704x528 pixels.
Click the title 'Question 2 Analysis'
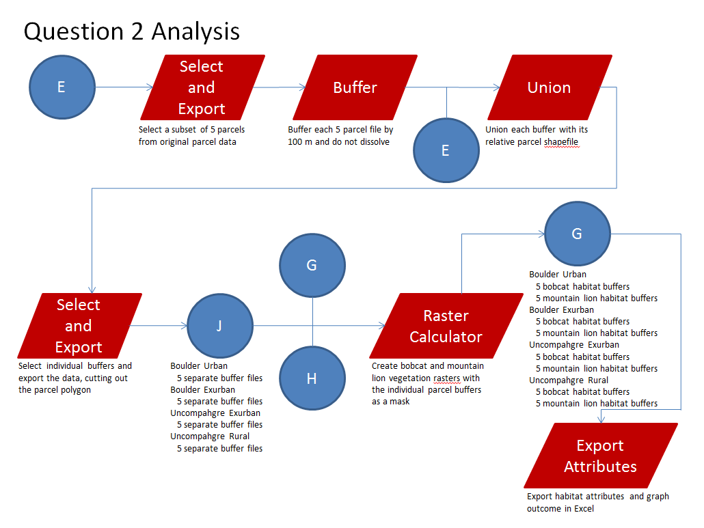(x=132, y=31)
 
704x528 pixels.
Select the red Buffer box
(x=355, y=87)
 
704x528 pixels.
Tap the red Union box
(x=549, y=87)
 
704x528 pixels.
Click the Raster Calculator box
(x=446, y=326)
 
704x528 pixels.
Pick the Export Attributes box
(x=601, y=456)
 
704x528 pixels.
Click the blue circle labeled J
(x=219, y=326)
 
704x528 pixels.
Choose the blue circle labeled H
(x=312, y=378)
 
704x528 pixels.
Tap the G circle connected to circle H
(x=312, y=265)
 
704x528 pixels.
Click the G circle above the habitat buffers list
(x=577, y=234)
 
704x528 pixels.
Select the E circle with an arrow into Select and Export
(x=62, y=87)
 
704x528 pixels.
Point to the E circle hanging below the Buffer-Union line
(x=446, y=150)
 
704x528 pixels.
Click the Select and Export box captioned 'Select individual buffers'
(x=79, y=326)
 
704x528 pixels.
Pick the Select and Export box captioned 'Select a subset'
(x=202, y=87)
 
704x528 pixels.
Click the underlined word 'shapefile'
(x=561, y=142)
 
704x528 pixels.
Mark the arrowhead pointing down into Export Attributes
(x=601, y=419)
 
